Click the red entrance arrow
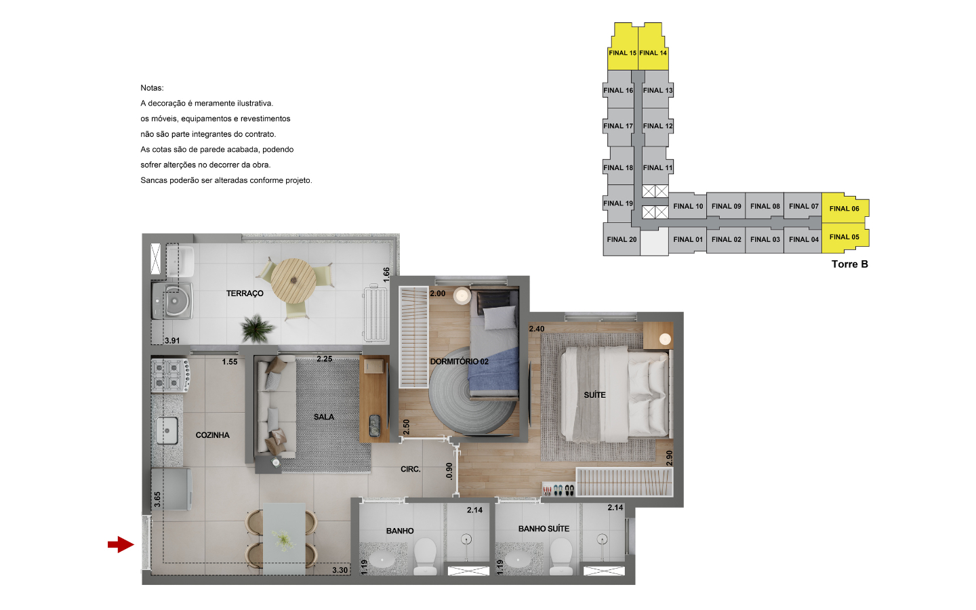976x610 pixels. [x=121, y=545]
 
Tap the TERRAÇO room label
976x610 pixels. [x=245, y=293]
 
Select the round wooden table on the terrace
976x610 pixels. [x=293, y=281]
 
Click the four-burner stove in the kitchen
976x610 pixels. [x=170, y=375]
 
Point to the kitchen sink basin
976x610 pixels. [x=167, y=430]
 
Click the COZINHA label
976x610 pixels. [x=213, y=435]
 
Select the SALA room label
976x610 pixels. [x=324, y=417]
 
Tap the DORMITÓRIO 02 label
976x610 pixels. [x=460, y=361]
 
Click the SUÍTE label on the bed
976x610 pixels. [x=595, y=394]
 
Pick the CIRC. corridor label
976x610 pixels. [x=411, y=469]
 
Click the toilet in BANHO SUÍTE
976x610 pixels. [x=561, y=557]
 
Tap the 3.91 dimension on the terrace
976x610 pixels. [x=172, y=341]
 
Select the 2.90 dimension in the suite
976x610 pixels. [x=669, y=457]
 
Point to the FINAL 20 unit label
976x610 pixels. [x=622, y=239]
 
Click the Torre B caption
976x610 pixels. [x=850, y=264]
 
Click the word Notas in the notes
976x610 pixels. [x=152, y=88]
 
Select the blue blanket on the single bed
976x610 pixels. [x=493, y=371]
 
